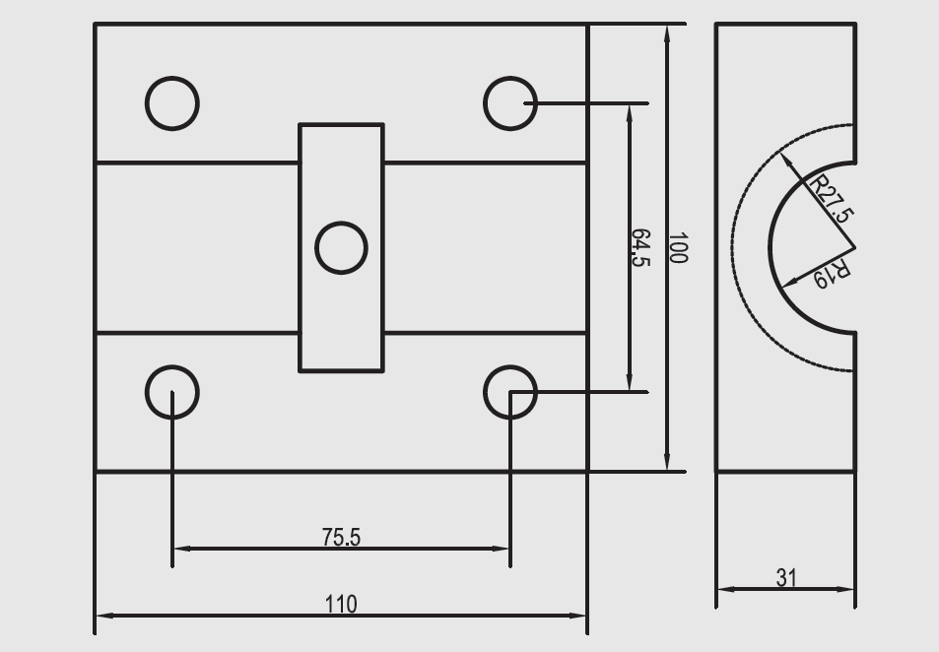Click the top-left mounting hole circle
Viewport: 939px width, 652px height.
point(172,102)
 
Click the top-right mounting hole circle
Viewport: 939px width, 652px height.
point(509,102)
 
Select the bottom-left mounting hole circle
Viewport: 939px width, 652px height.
point(172,391)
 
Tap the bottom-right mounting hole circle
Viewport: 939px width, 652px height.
point(509,391)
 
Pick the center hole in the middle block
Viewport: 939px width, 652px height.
point(341,247)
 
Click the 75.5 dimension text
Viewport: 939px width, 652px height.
point(341,537)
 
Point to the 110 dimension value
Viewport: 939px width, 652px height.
point(341,604)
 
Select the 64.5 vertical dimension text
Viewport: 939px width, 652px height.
point(641,248)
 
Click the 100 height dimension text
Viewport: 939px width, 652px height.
point(677,248)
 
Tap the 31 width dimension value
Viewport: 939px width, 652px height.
point(785,578)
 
